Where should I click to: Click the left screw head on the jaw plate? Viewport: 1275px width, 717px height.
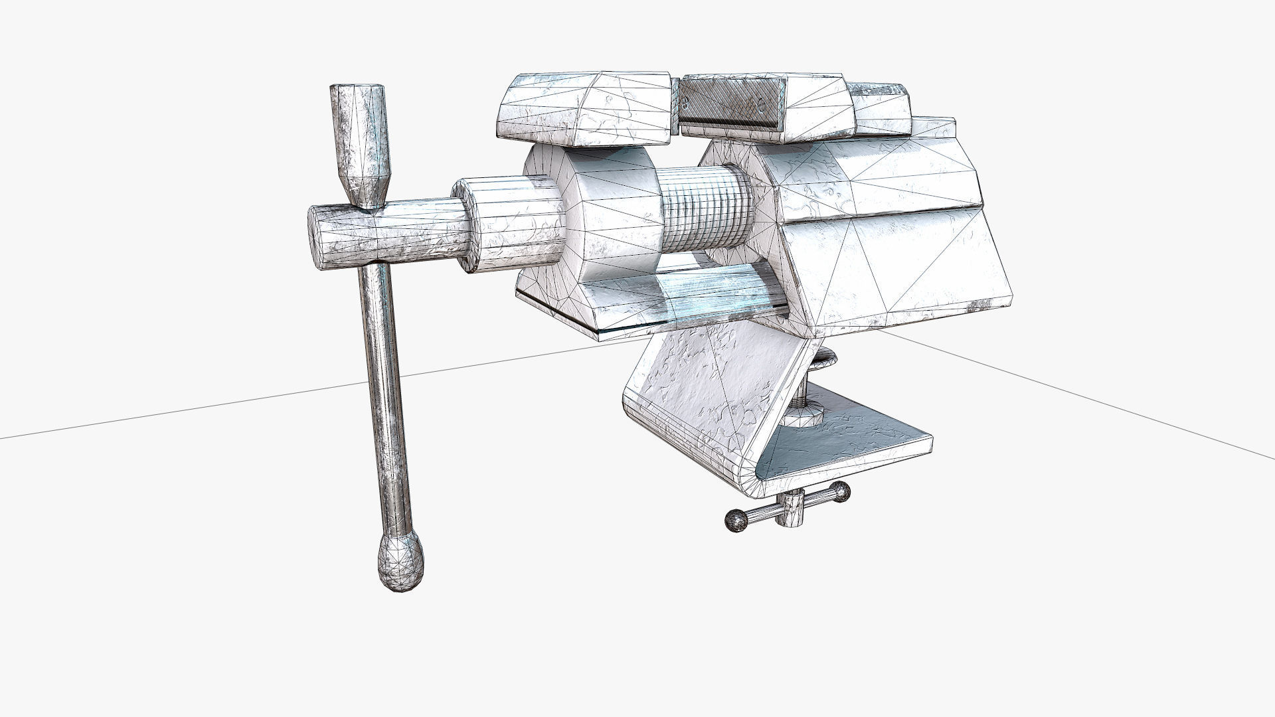point(685,101)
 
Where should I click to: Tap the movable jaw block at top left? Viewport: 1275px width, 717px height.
point(584,110)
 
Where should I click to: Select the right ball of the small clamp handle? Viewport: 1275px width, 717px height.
point(841,491)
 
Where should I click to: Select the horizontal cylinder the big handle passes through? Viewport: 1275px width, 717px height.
point(392,236)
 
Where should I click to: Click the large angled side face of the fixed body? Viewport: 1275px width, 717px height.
point(896,266)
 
